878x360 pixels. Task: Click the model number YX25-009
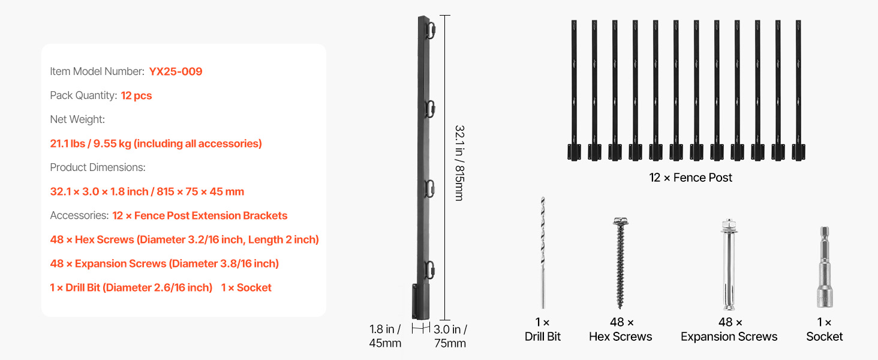(x=176, y=71)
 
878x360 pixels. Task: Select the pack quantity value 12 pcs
(x=136, y=95)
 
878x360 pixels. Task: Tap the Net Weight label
(x=77, y=119)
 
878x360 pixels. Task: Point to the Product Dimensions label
(x=98, y=167)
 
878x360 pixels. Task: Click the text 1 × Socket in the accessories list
(x=246, y=287)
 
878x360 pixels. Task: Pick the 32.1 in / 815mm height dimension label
(x=459, y=163)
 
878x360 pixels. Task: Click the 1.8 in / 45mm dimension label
(x=385, y=336)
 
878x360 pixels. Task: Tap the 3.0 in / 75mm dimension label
(x=450, y=336)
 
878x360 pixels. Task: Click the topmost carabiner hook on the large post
(x=431, y=30)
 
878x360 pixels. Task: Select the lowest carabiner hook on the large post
(x=431, y=270)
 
